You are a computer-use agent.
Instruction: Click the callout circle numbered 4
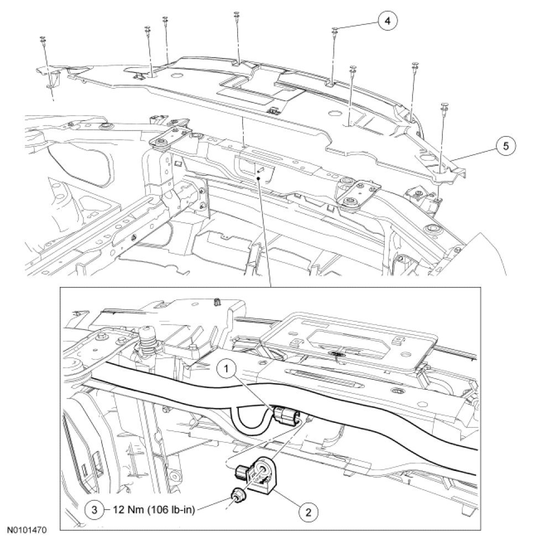388,21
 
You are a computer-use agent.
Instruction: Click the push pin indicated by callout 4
335,30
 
